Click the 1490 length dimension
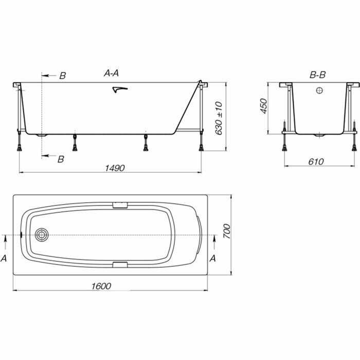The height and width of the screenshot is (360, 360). (x=115, y=168)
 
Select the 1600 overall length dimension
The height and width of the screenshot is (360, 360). (x=101, y=286)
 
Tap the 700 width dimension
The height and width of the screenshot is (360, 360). (x=227, y=231)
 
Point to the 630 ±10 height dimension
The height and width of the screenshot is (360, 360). (x=219, y=118)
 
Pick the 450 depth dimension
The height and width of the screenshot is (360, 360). (x=264, y=106)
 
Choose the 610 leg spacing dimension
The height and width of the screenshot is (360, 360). (x=316, y=161)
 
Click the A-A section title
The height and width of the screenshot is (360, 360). (x=112, y=73)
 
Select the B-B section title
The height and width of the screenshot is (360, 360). (x=318, y=75)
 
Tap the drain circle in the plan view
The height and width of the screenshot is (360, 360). (x=42, y=235)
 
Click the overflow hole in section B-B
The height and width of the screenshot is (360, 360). (x=319, y=91)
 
